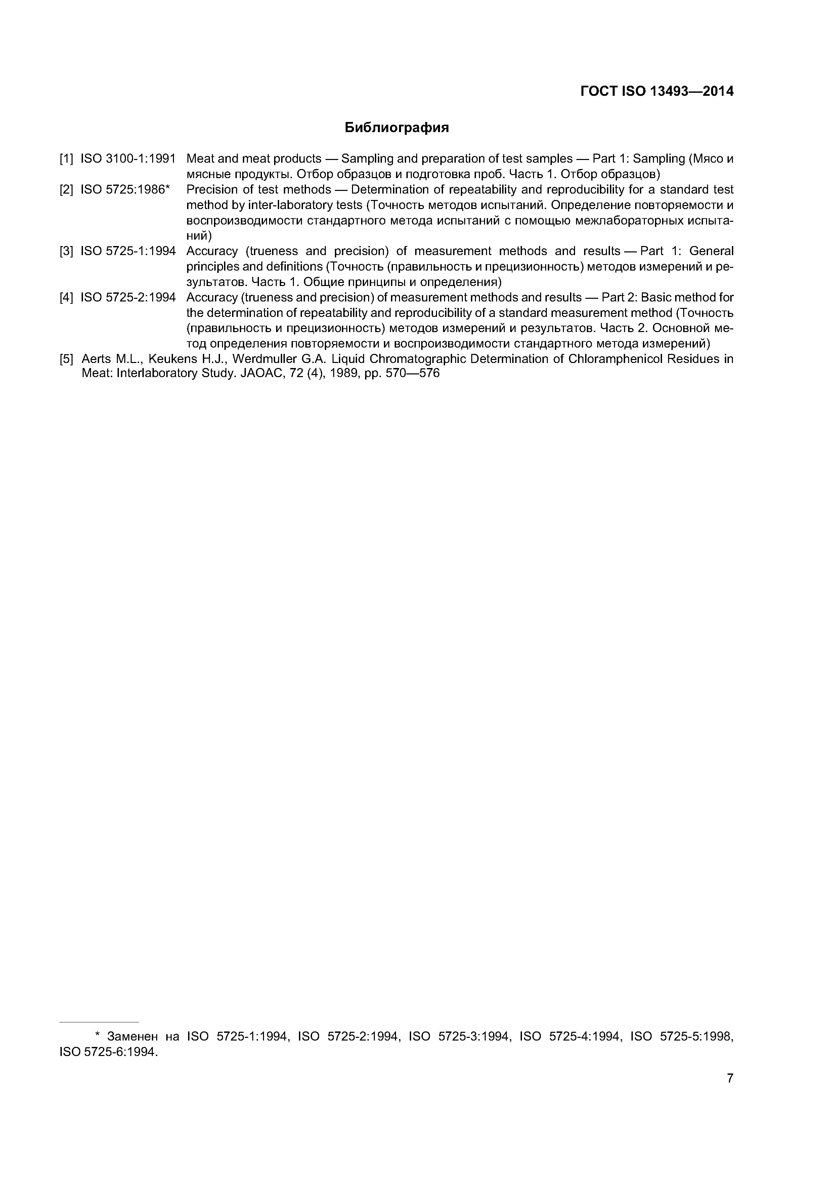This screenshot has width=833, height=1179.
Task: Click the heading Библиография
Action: coord(396,127)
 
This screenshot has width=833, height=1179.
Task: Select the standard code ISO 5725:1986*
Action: coord(125,190)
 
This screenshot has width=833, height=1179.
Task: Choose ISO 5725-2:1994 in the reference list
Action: coord(128,297)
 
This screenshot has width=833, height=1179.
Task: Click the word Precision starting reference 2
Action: coord(212,190)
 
